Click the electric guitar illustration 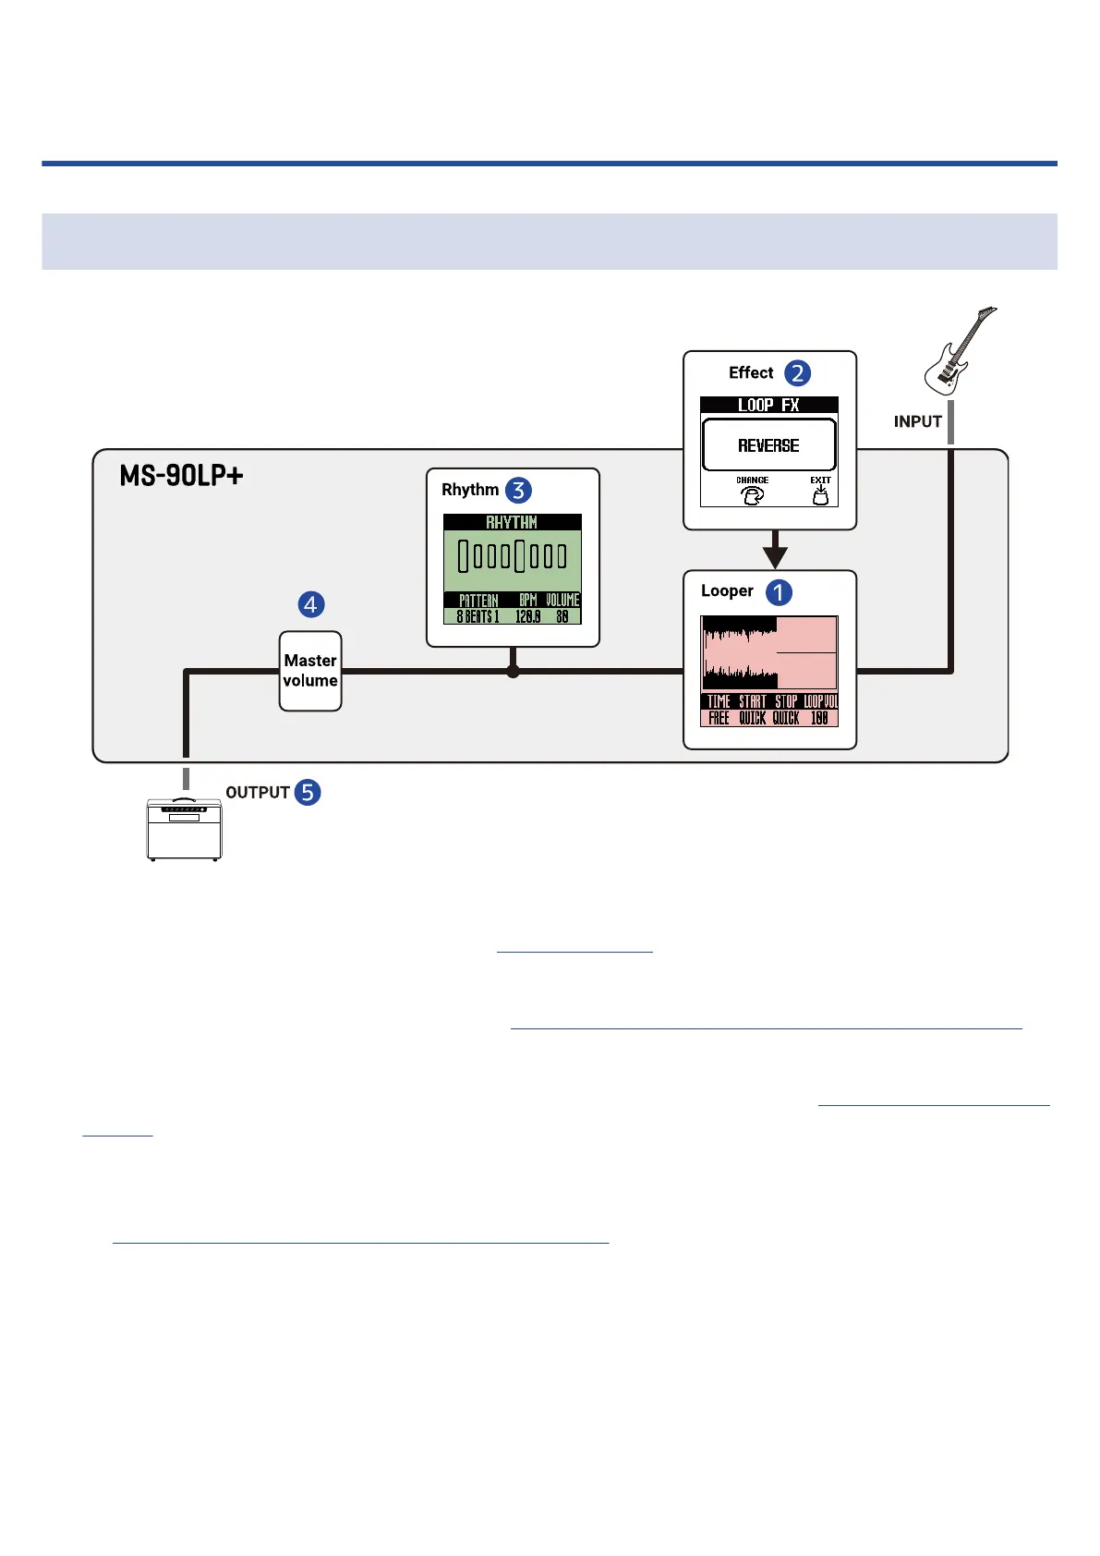[x=960, y=352]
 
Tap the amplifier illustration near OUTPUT [x=185, y=829]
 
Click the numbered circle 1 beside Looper [x=779, y=592]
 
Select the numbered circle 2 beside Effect [x=797, y=373]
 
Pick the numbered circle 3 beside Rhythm [x=518, y=491]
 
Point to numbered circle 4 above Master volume [x=310, y=604]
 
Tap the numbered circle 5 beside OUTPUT [x=308, y=792]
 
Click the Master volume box [x=310, y=671]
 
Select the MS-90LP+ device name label [x=181, y=476]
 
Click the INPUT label [x=917, y=421]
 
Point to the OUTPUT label [x=258, y=793]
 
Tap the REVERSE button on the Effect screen [x=768, y=445]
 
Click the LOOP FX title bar [x=768, y=405]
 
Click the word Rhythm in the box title [x=470, y=490]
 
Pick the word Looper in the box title [x=727, y=591]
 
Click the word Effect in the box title [x=751, y=373]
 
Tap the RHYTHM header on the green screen [x=512, y=522]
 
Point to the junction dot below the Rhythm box [x=514, y=672]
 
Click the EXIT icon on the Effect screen [x=820, y=492]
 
